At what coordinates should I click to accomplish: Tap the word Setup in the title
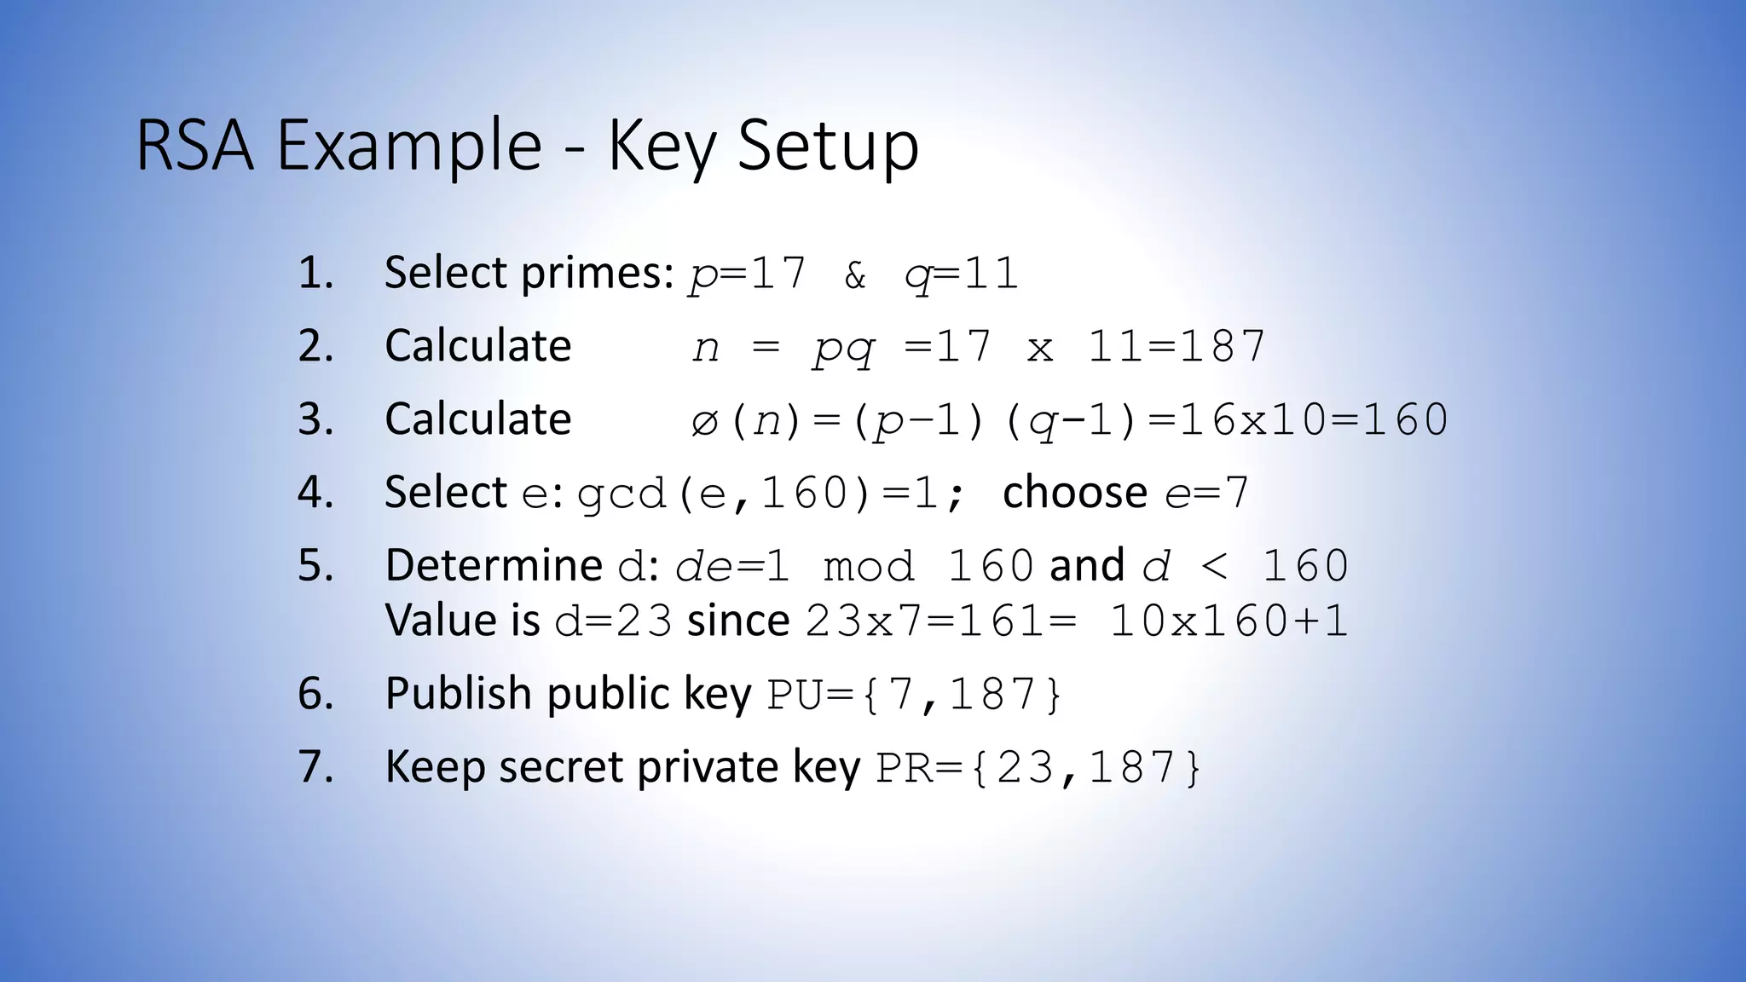tap(828, 147)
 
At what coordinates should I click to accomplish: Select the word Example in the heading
tap(409, 147)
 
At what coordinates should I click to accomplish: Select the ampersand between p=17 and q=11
tap(855, 274)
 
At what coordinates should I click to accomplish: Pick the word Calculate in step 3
tap(477, 419)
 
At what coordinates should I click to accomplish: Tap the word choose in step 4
tap(1075, 493)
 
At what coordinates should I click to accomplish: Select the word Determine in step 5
tap(494, 565)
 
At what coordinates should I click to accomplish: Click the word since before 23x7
tap(738, 621)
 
